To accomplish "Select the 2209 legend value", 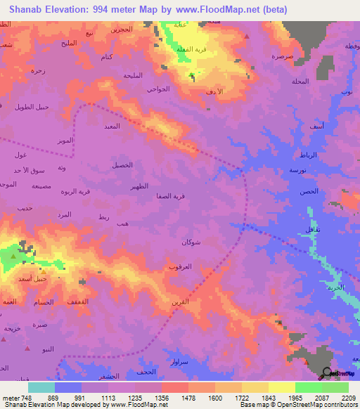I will tap(348, 397).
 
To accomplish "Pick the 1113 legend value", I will tap(110, 397).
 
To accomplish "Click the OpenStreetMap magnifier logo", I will tap(326, 373).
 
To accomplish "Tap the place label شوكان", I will tap(193, 242).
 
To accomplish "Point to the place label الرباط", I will tap(309, 154).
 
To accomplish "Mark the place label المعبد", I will tap(112, 126).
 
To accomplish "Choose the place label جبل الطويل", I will tap(31, 107).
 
